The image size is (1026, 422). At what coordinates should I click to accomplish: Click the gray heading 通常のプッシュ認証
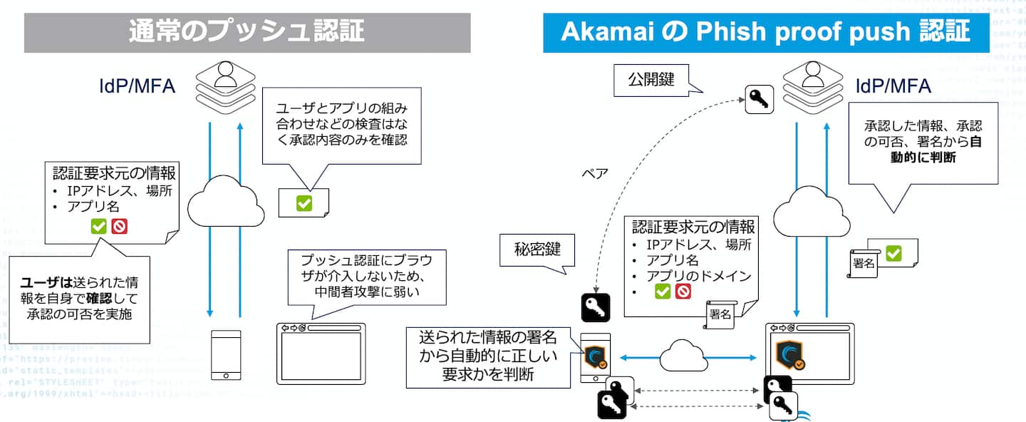tap(247, 31)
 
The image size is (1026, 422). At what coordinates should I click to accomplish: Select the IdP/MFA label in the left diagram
tap(137, 86)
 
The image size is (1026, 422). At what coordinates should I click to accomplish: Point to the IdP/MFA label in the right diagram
tap(893, 86)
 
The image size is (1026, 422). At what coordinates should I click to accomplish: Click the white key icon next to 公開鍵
tap(759, 100)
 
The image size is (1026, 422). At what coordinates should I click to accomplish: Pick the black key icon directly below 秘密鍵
tap(596, 308)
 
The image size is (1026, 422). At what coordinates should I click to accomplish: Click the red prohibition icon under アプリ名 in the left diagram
tap(119, 227)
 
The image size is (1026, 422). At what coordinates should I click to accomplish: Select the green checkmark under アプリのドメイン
tap(663, 291)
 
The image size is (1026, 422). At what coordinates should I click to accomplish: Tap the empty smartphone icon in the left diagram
tap(225, 355)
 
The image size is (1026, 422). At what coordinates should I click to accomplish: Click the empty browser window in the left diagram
tap(321, 355)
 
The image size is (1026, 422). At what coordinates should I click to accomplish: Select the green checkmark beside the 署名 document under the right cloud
tap(893, 253)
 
